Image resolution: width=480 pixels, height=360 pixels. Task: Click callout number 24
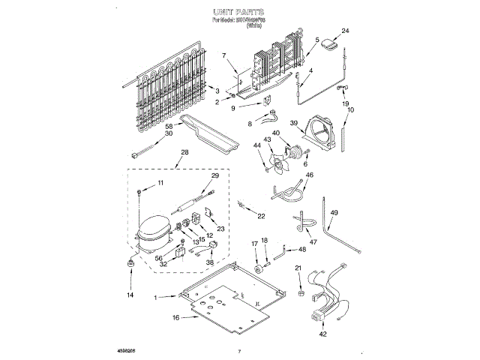point(345,31)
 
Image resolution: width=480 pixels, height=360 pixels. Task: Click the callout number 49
point(334,213)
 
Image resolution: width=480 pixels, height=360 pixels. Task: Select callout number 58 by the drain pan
point(169,127)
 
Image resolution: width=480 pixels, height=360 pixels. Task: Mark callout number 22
point(261,216)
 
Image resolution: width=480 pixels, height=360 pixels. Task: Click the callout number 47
point(313,242)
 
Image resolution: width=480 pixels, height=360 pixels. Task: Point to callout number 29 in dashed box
point(215,175)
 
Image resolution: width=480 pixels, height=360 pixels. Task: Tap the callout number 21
point(299,268)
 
